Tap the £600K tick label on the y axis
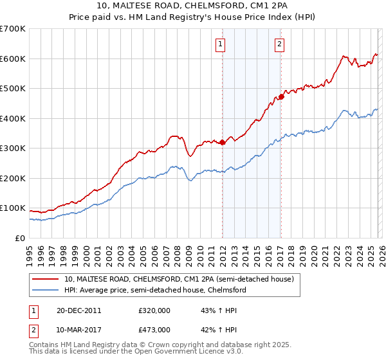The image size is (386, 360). [x=13, y=59]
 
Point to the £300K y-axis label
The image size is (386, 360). [x=13, y=148]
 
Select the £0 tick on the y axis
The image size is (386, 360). [x=20, y=238]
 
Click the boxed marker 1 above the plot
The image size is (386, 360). [x=221, y=44]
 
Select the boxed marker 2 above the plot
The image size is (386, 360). [x=280, y=44]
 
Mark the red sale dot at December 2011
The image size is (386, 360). [x=223, y=142]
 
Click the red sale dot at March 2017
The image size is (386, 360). [x=281, y=97]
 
